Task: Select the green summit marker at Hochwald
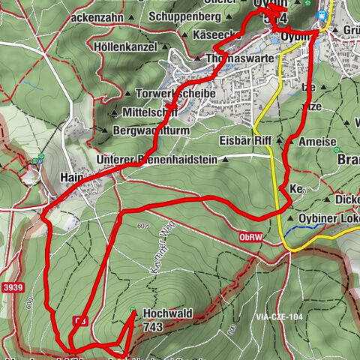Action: [x=133, y=311]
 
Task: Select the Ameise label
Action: [x=313, y=142]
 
